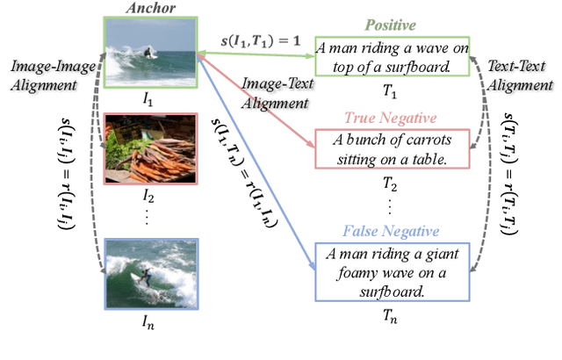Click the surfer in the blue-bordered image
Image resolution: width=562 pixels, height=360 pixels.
coord(147,277)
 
